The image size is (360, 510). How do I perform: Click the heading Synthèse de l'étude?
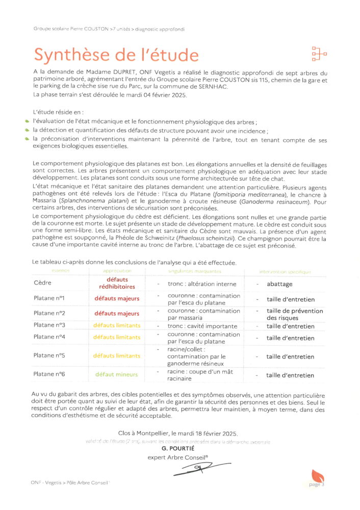[116, 54]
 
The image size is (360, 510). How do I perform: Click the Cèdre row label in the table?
[42, 283]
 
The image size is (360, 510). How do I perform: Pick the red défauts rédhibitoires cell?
[117, 283]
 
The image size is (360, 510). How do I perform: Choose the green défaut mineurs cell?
[116, 375]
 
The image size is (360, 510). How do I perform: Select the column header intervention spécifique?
[285, 271]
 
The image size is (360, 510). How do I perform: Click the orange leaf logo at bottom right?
[318, 478]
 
